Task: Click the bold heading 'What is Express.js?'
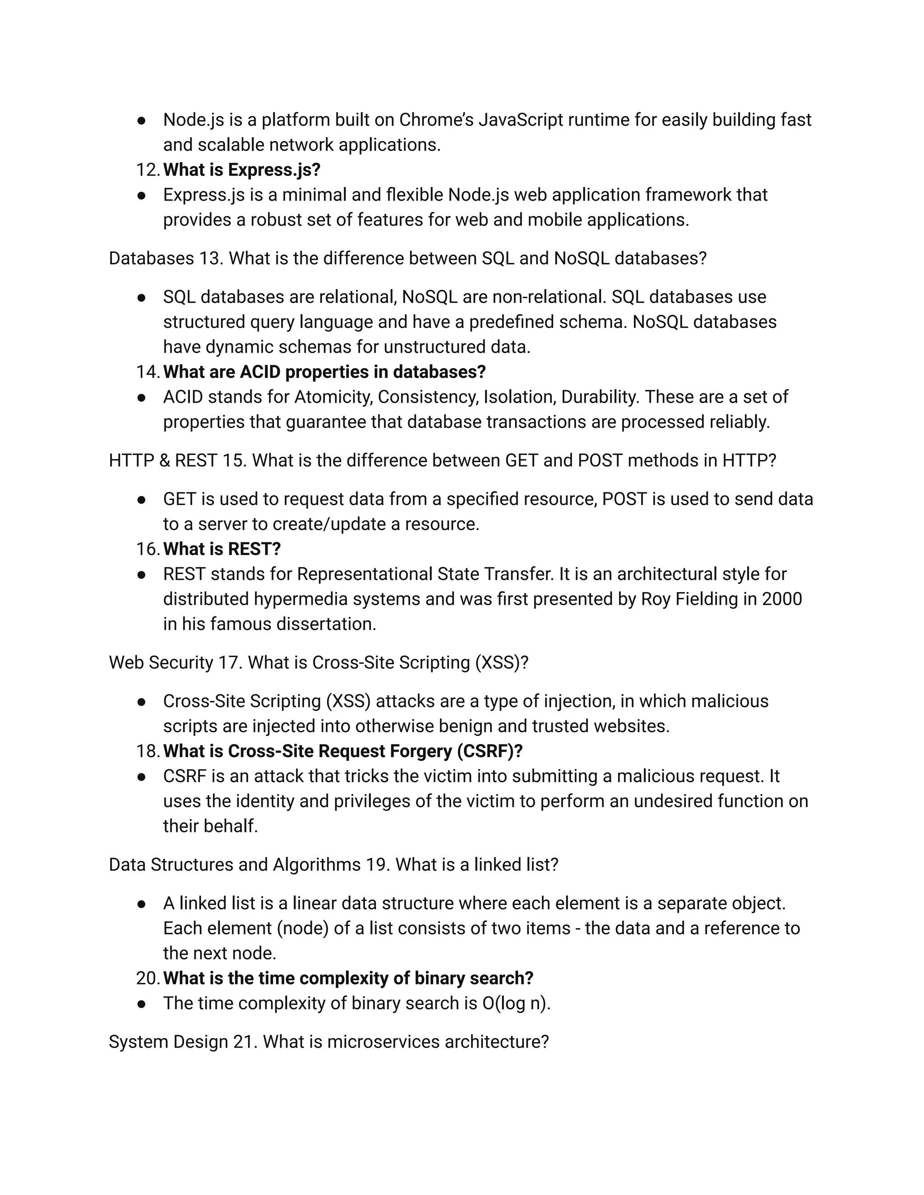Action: tap(241, 170)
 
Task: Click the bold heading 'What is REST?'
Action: tap(222, 549)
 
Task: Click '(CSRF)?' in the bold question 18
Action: tap(490, 751)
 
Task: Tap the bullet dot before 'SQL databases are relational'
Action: tap(141, 297)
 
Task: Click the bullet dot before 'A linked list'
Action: tap(141, 903)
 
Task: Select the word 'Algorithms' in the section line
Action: tap(316, 864)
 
